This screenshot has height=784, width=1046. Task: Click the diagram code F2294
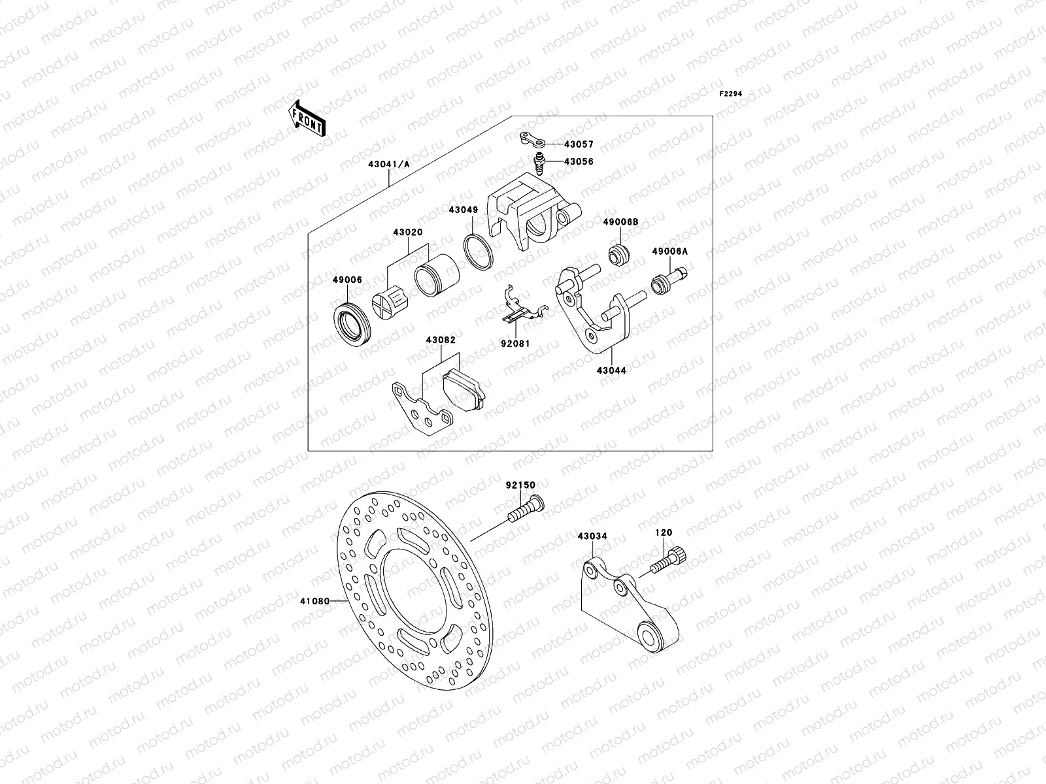point(732,94)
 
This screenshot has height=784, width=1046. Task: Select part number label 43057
point(579,144)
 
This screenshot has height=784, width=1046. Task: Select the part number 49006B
point(620,223)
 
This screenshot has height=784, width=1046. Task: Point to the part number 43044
point(611,370)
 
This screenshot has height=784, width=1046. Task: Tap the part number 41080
point(314,600)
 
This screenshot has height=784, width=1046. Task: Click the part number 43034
point(592,536)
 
